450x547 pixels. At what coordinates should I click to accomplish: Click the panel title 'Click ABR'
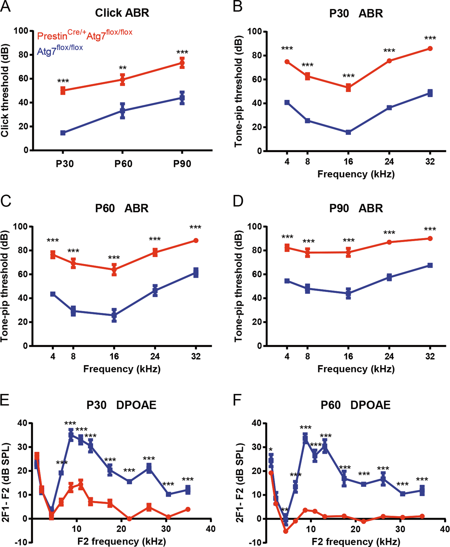(122, 13)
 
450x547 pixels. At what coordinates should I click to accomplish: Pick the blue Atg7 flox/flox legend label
(60, 50)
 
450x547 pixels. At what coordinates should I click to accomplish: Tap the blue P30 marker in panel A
(63, 133)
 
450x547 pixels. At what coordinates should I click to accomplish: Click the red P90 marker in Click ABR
(182, 63)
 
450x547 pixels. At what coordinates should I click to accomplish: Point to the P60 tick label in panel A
(123, 164)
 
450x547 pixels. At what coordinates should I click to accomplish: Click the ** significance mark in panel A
(123, 68)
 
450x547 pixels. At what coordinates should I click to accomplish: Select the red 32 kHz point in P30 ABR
(430, 49)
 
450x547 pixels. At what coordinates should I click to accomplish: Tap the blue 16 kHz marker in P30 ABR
(348, 132)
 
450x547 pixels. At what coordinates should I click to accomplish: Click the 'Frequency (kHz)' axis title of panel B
(356, 174)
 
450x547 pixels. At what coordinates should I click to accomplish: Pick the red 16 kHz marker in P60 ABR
(114, 269)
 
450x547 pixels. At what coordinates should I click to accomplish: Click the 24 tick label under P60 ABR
(155, 357)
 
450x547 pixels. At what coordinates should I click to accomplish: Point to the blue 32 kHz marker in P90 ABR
(430, 265)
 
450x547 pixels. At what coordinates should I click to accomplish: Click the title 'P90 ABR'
(356, 208)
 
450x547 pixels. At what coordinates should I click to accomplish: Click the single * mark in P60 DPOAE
(271, 450)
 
